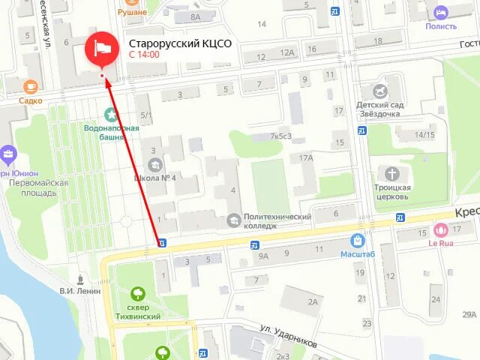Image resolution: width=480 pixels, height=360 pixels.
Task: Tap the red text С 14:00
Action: tap(143, 55)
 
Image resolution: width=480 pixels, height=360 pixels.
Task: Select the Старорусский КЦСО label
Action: tap(179, 43)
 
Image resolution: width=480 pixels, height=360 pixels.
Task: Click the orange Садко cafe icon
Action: tap(30, 86)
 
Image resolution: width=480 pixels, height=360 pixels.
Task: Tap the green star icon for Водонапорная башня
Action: tap(112, 115)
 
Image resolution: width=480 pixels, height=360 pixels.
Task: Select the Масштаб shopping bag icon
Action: tap(358, 241)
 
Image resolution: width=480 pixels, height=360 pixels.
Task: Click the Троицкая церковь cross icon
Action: tap(391, 172)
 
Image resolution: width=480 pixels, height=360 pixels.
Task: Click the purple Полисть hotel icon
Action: tap(441, 12)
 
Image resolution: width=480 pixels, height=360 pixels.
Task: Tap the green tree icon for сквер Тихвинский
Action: tap(137, 293)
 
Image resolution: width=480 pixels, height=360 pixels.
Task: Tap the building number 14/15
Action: tap(424, 135)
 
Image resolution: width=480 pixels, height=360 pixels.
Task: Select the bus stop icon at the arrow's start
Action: tap(162, 242)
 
